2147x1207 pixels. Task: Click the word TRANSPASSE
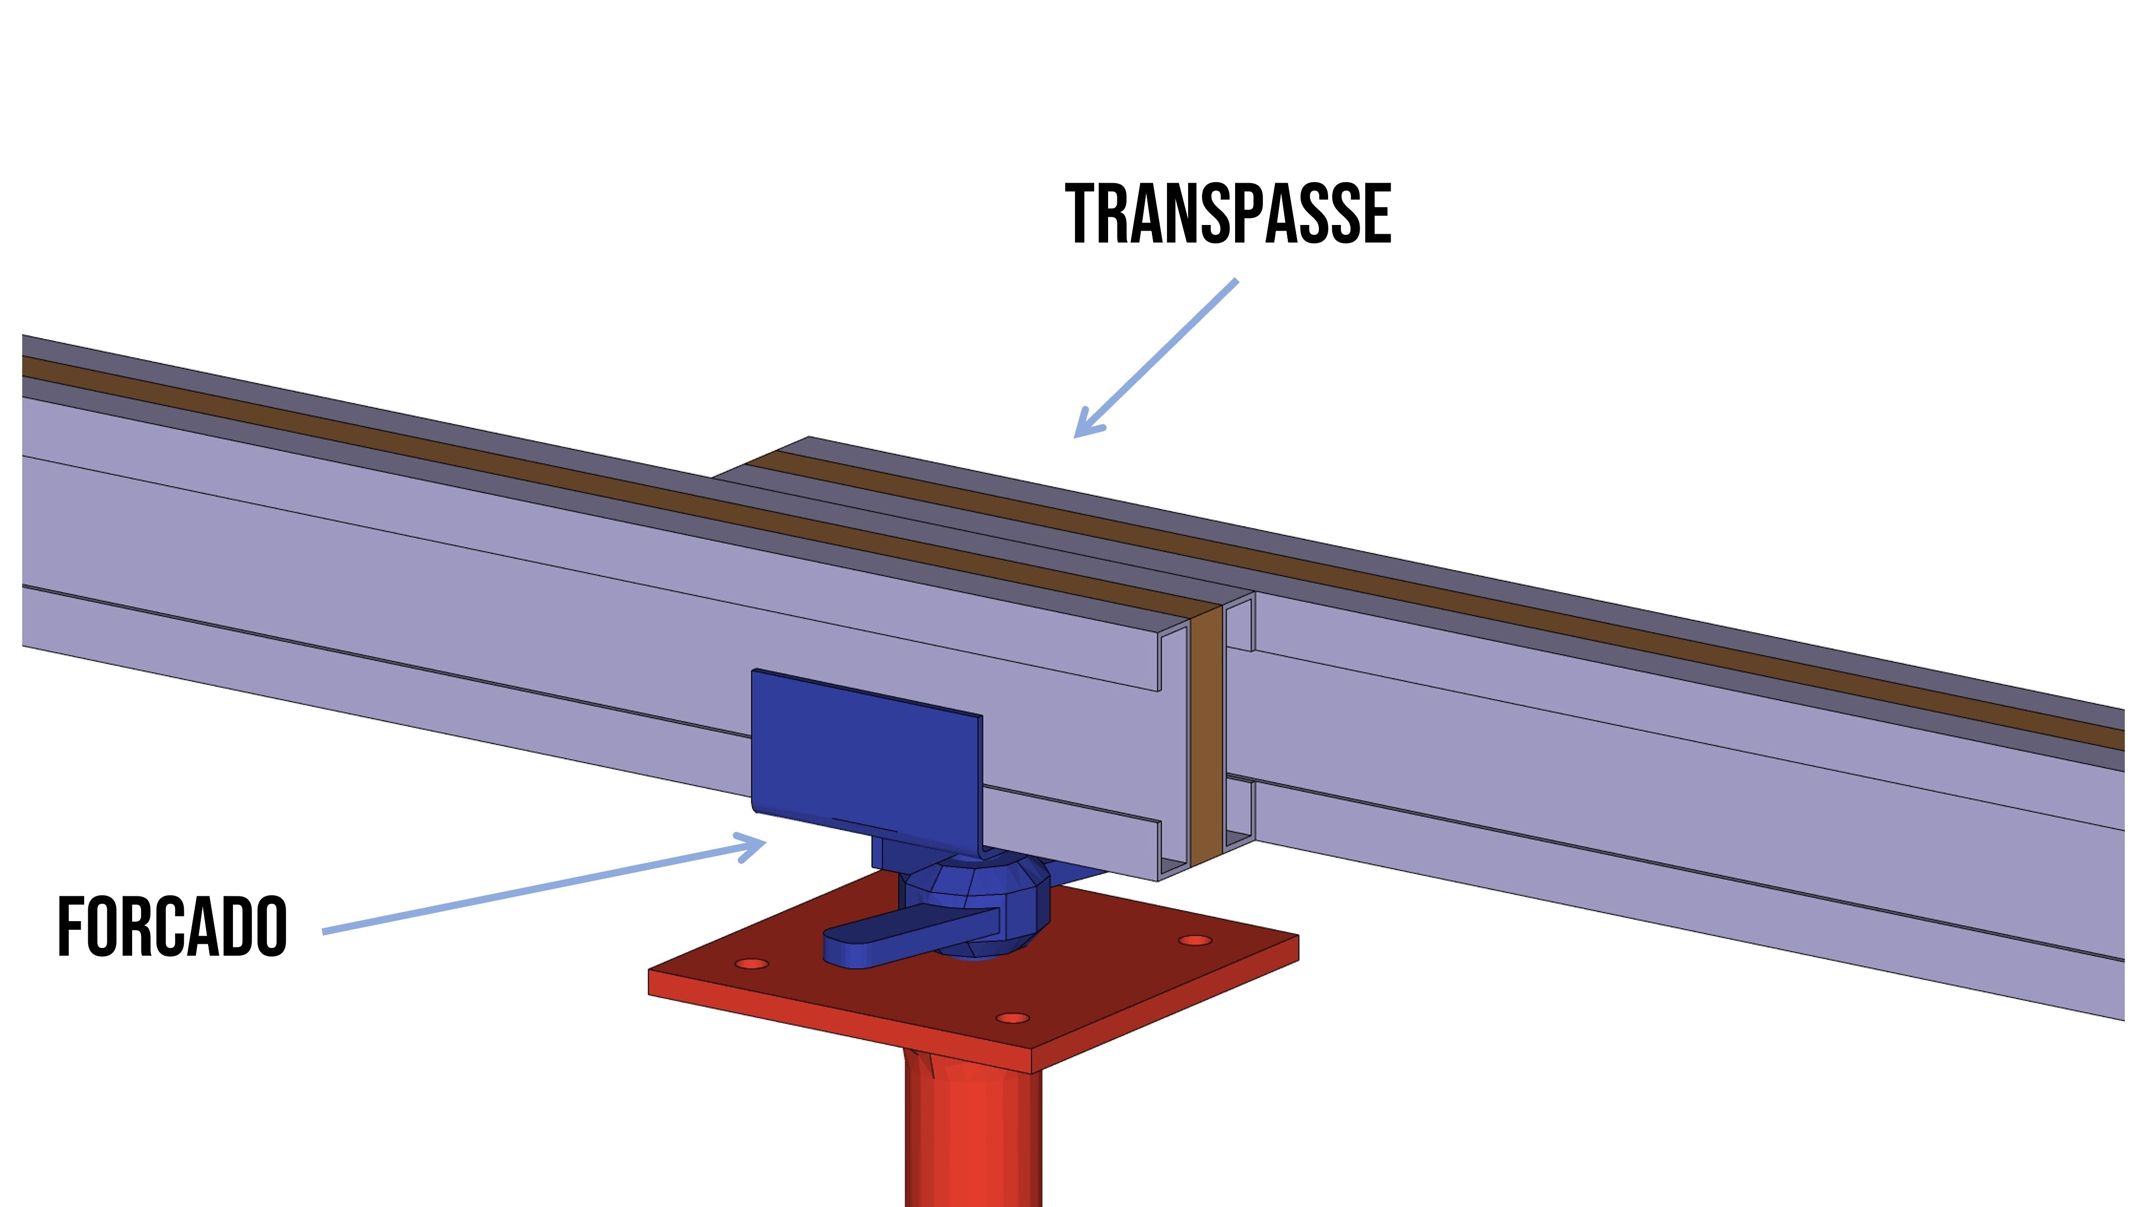(1228, 214)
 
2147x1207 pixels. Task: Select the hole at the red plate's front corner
(1013, 1018)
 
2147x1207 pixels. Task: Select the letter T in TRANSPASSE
(1083, 214)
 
